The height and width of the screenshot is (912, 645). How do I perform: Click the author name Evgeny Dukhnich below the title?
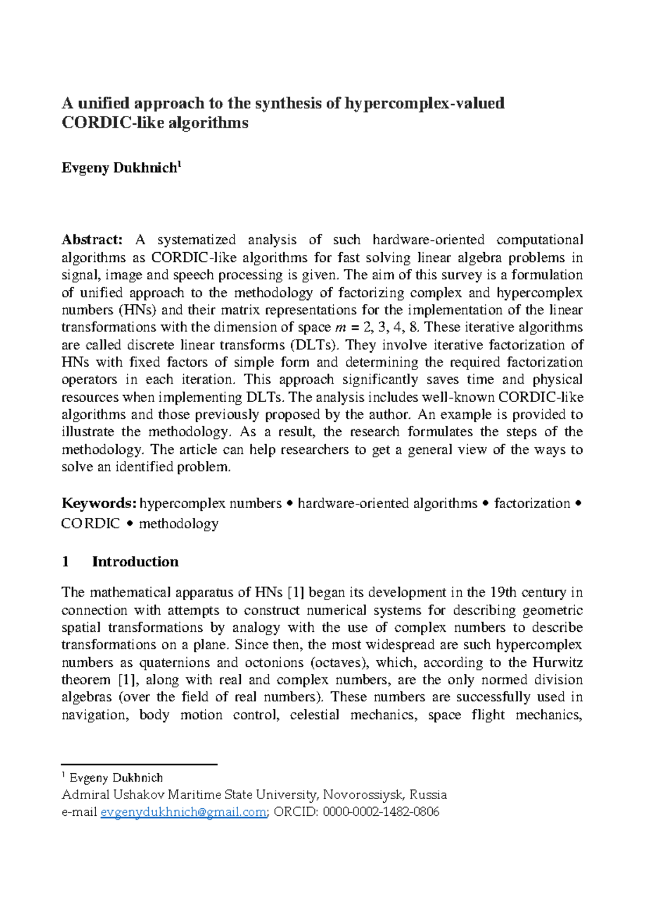119,168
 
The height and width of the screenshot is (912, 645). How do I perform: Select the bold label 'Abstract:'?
92,239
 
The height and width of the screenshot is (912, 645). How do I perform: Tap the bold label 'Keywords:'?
99,503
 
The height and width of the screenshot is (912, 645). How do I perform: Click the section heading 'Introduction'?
135,561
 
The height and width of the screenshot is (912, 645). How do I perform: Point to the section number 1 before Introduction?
66,561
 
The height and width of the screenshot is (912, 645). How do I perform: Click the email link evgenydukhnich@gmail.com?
183,812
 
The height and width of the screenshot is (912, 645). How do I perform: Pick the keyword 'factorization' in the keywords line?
532,503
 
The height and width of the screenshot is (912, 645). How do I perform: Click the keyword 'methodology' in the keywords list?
178,523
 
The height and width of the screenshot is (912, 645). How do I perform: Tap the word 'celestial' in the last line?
314,715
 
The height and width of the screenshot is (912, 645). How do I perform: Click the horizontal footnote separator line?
139,764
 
